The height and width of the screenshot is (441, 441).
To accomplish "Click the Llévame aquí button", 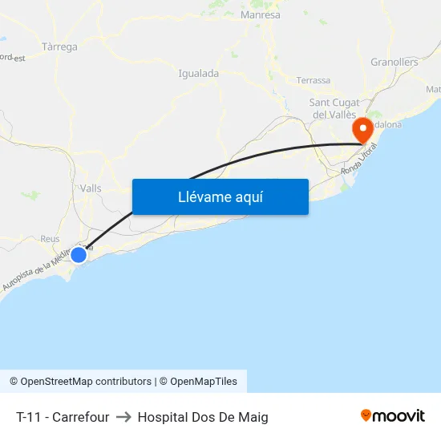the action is pyautogui.click(x=220, y=196).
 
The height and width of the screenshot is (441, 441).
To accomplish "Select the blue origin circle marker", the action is pyautogui.click(x=79, y=254).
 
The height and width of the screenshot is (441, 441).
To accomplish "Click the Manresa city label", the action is pyautogui.click(x=260, y=15).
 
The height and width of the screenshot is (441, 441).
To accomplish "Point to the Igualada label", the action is pyautogui.click(x=198, y=74).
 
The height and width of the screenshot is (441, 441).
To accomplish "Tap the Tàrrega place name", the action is pyautogui.click(x=59, y=47).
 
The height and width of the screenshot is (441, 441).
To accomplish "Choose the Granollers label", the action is pyautogui.click(x=394, y=62).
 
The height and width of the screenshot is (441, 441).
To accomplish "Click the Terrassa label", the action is pyautogui.click(x=313, y=80).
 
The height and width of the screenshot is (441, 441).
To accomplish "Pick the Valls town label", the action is pyautogui.click(x=91, y=188).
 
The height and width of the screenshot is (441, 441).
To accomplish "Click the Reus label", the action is pyautogui.click(x=50, y=239).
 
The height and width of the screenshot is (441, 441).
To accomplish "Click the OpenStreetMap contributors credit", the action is pyautogui.click(x=86, y=382).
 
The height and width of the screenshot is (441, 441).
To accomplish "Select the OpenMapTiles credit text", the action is pyautogui.click(x=204, y=382).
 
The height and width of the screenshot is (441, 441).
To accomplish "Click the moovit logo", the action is pyautogui.click(x=393, y=415).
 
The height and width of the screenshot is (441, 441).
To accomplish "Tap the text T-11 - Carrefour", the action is pyautogui.click(x=63, y=417).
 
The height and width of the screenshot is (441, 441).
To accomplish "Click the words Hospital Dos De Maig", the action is pyautogui.click(x=203, y=417).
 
